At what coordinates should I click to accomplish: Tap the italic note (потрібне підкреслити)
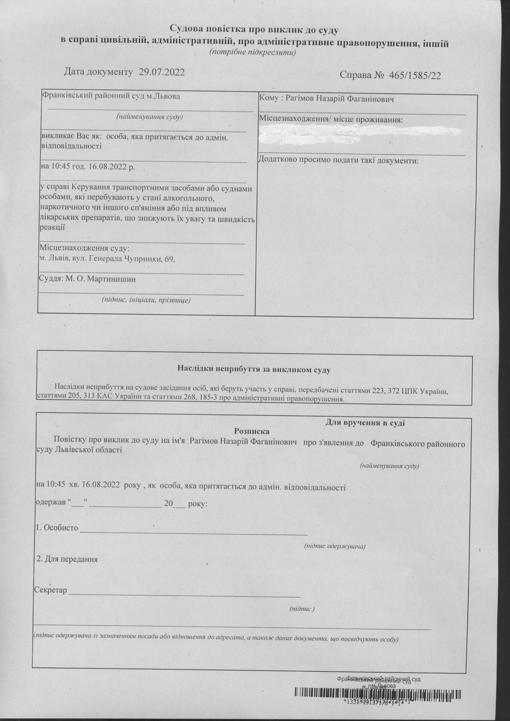point(253,52)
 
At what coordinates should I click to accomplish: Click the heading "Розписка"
point(252,432)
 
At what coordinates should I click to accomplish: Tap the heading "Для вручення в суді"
point(365,423)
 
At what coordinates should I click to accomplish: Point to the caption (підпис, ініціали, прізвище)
point(146,300)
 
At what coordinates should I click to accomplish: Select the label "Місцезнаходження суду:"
point(84,249)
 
